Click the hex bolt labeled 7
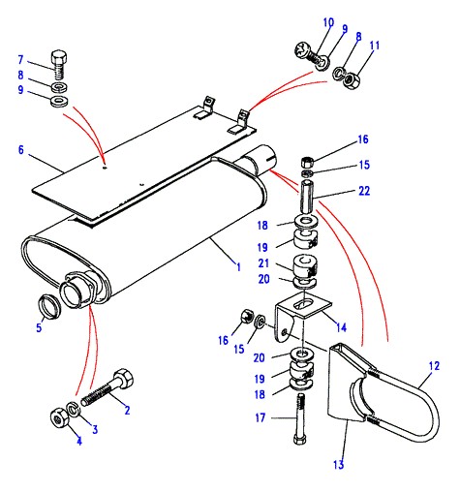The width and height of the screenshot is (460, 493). (59, 64)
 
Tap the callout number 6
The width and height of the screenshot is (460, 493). (21, 150)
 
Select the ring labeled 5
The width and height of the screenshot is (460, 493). (49, 306)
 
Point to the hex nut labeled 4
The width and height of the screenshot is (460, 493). (59, 419)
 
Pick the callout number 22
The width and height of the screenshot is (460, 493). (364, 191)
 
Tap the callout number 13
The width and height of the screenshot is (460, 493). (338, 465)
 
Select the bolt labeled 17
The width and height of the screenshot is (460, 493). (300, 419)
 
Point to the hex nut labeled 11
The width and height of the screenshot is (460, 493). (351, 80)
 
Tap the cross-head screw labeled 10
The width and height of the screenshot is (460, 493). (312, 57)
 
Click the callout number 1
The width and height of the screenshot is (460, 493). (238, 267)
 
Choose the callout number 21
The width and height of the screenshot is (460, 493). (263, 263)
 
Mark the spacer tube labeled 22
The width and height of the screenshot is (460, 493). (307, 197)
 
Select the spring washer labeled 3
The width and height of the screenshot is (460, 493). (74, 409)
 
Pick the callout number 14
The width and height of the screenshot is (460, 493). (341, 327)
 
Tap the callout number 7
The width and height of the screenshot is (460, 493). (20, 60)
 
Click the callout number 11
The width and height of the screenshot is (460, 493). (375, 46)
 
